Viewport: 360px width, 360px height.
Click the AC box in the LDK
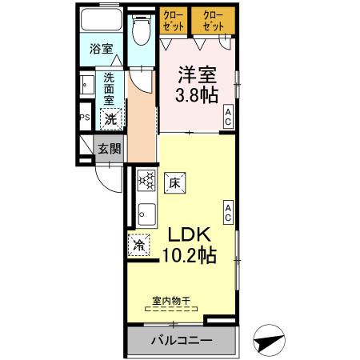pos(229,211)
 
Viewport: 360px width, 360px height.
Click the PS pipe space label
pos(84,118)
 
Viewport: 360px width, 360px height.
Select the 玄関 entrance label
pos(110,149)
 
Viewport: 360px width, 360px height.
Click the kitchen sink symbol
pos(146,214)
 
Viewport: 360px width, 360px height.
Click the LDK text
pos(189,235)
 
